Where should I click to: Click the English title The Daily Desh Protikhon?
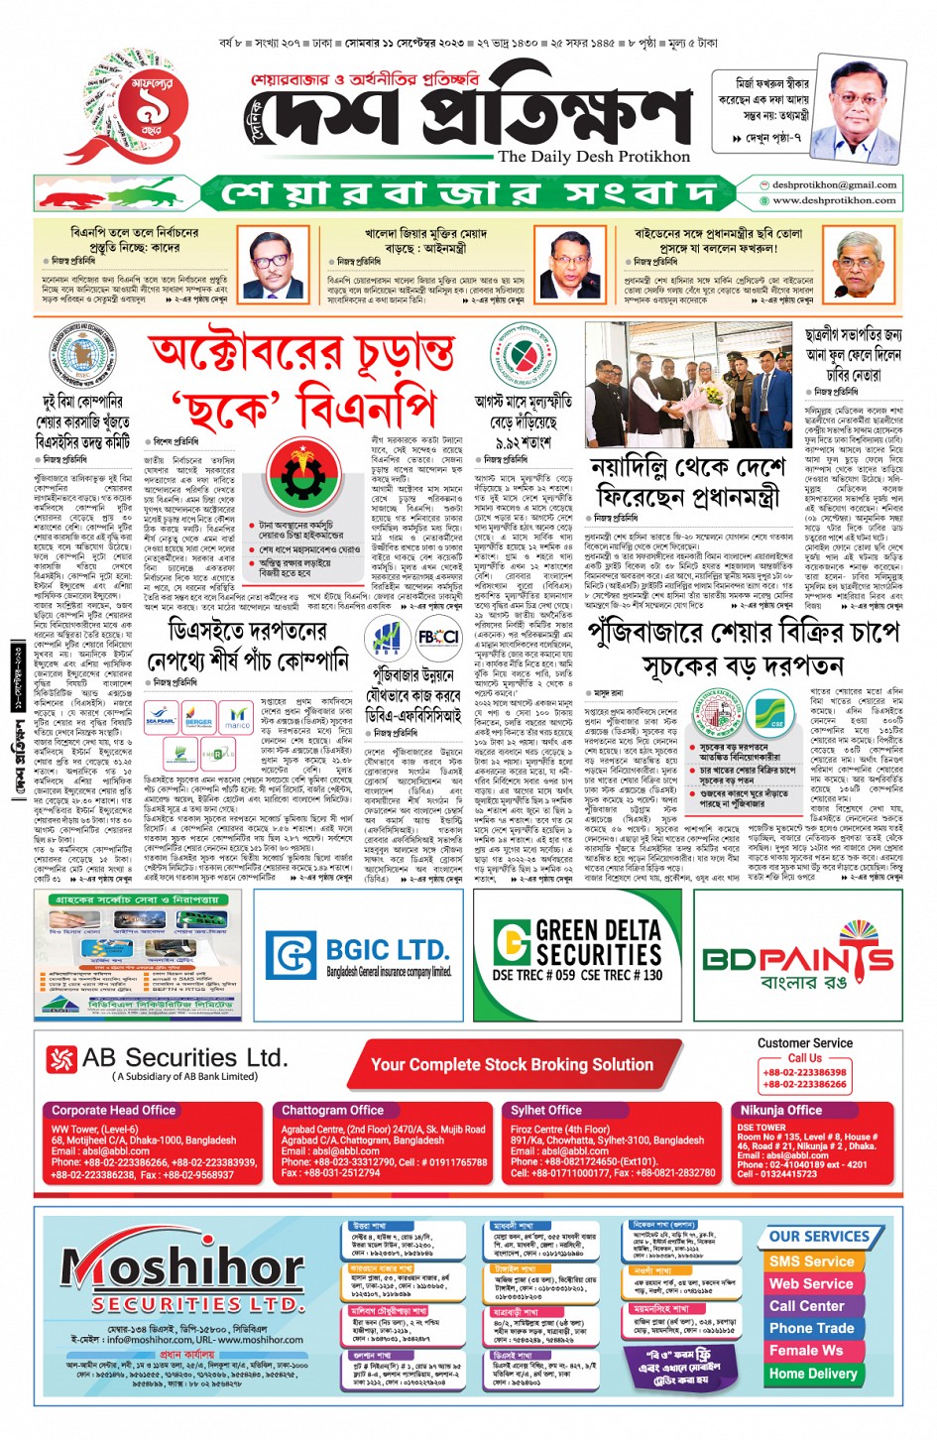click(593, 156)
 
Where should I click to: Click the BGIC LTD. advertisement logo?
click(359, 954)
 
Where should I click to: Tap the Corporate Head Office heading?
click(114, 1110)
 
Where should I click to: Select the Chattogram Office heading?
click(332, 1110)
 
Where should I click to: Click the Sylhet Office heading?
click(545, 1110)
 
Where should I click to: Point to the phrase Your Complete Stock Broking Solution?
click(512, 1064)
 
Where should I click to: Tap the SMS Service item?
click(810, 1260)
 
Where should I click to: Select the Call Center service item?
click(807, 1305)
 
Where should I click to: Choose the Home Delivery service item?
click(812, 1373)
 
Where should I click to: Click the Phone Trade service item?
click(811, 1328)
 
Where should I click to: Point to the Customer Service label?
click(804, 1042)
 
